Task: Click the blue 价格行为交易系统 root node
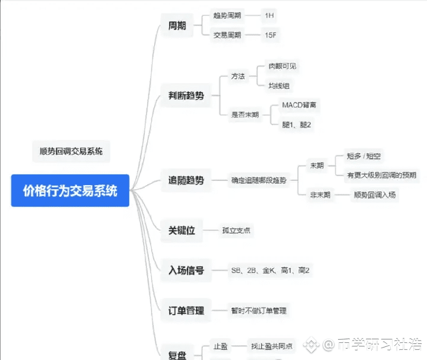(x=70, y=191)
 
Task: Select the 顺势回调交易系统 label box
(x=71, y=151)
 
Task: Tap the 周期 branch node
(x=177, y=26)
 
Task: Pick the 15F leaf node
(x=270, y=35)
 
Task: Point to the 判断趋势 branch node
(x=186, y=95)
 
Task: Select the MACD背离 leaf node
(x=299, y=105)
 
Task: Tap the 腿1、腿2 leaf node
(x=297, y=125)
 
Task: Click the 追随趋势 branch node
(x=186, y=180)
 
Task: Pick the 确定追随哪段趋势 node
(x=259, y=180)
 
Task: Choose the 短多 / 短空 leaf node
(x=364, y=157)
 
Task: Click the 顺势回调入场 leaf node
(x=374, y=195)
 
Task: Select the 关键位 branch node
(x=181, y=230)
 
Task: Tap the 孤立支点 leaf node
(x=236, y=230)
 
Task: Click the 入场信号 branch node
(x=186, y=270)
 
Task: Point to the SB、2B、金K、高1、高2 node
(x=270, y=270)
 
